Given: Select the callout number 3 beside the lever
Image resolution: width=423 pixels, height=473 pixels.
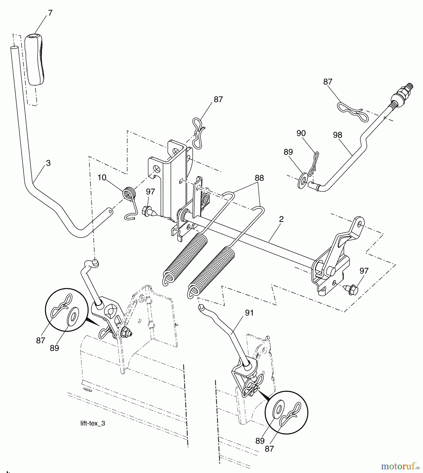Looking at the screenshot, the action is point(48,163).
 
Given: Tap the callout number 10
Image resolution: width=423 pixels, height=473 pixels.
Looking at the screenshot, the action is point(102,178).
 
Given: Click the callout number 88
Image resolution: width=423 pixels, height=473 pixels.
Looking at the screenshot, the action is point(259,178).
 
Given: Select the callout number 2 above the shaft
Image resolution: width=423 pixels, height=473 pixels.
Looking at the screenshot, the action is point(281,219).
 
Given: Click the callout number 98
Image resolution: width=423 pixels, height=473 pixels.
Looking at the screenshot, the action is point(337,135).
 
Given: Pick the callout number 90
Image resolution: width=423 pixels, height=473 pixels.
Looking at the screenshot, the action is point(301,133).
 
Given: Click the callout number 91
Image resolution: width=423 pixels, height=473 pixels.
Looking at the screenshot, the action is point(249,313).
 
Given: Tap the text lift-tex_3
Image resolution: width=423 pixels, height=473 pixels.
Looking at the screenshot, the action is point(93,423).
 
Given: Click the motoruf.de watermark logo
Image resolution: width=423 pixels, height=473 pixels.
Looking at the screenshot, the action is point(400,466).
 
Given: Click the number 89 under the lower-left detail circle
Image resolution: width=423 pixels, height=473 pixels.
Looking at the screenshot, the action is point(54,348).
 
